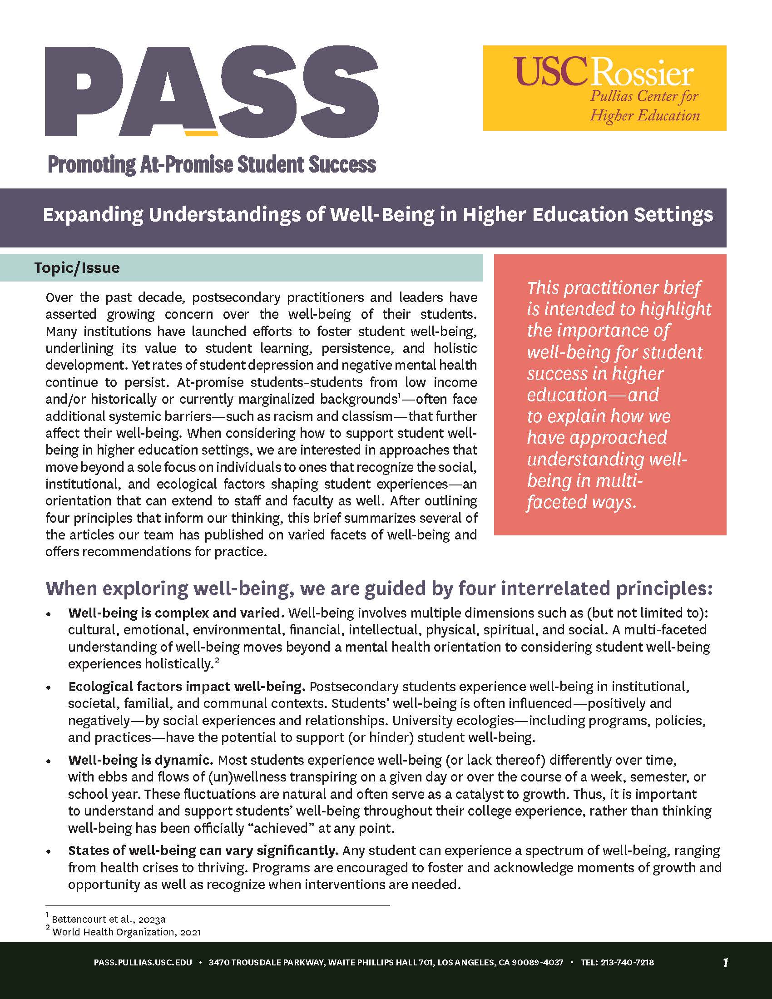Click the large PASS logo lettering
[x=211, y=91]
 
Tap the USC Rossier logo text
[x=603, y=72]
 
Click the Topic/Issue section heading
[x=77, y=268]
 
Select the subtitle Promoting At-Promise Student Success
[x=211, y=165]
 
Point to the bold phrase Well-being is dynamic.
[x=141, y=760]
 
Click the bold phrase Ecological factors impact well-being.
[x=187, y=687]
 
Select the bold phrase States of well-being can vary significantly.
[x=203, y=851]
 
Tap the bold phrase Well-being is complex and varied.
[x=177, y=613]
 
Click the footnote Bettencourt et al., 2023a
[x=109, y=919]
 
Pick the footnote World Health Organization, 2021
[x=126, y=932]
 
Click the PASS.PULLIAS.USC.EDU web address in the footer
[x=143, y=962]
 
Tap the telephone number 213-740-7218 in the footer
[x=627, y=962]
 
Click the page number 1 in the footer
[x=725, y=963]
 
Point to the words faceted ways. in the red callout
[x=581, y=502]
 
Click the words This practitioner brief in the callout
[x=614, y=288]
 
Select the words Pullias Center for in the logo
[x=644, y=97]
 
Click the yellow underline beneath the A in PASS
[x=200, y=133]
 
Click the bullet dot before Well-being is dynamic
[x=49, y=761]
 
